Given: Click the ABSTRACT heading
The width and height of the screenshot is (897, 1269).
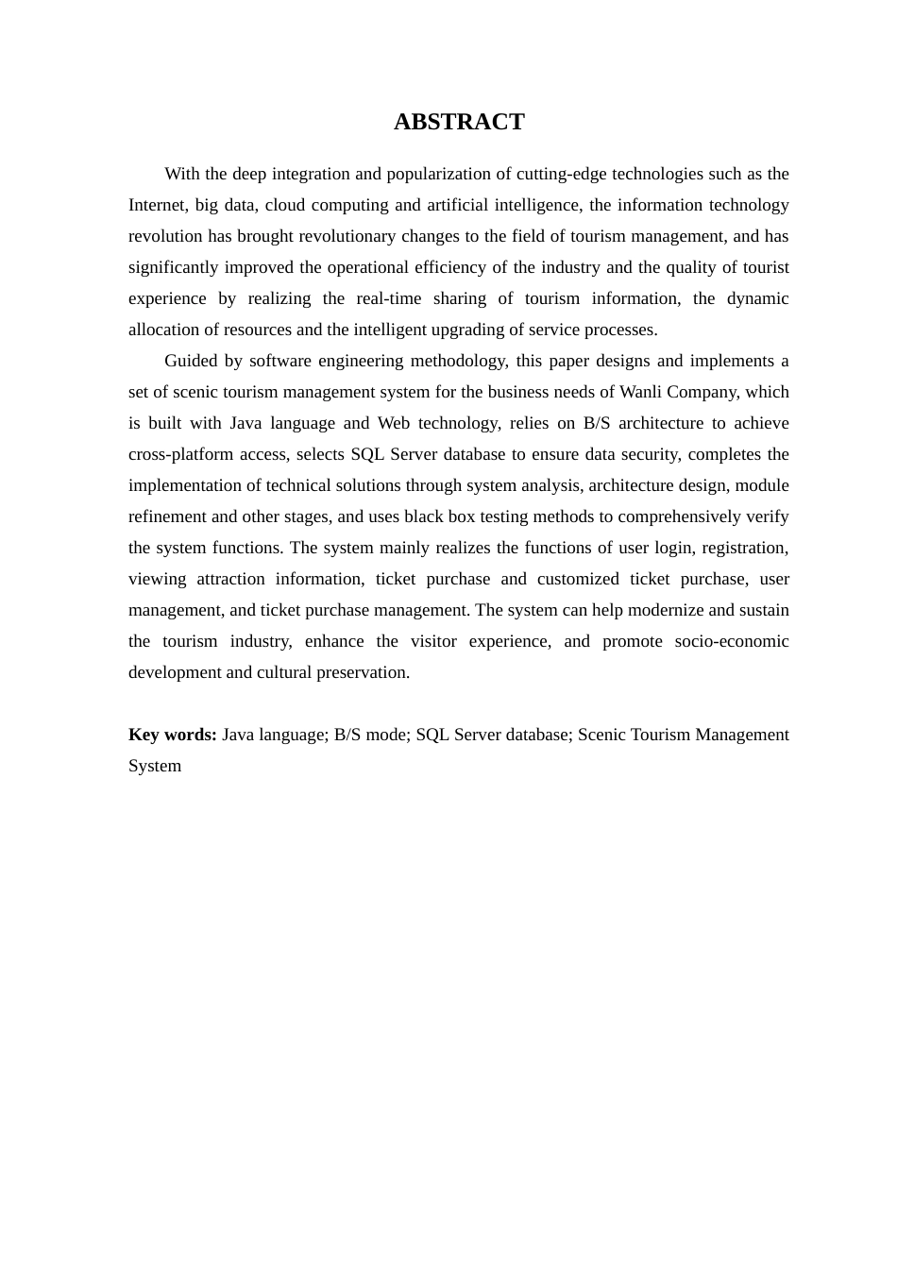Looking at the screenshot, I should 459,122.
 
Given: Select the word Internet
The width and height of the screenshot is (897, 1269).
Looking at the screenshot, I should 158,205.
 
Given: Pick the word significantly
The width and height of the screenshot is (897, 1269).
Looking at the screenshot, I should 173,267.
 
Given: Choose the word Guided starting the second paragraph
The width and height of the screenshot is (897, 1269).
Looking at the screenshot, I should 191,361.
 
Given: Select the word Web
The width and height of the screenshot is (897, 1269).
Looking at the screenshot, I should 393,423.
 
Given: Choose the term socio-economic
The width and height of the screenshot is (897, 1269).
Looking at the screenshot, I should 732,641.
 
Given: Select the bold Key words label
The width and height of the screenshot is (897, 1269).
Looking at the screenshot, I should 173,735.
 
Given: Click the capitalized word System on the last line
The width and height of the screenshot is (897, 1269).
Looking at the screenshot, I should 155,766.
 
